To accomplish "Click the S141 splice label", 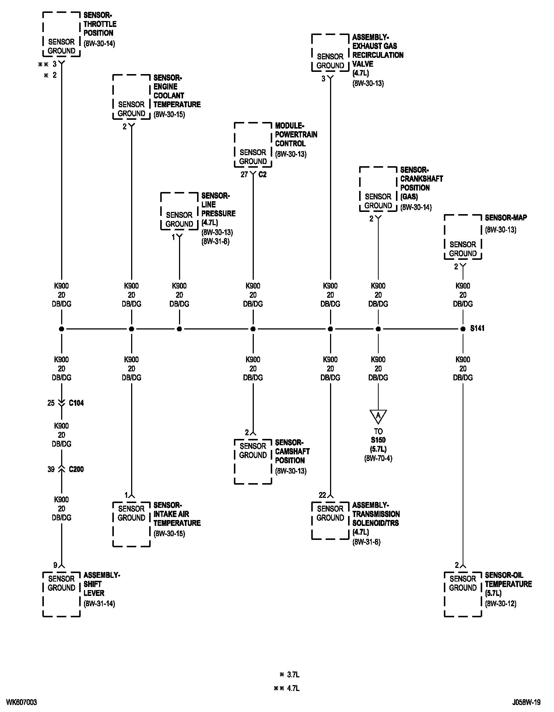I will coord(477,328).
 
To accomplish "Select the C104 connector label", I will coord(76,403).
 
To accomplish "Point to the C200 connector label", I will coord(76,470).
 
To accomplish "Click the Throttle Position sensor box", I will coord(62,34).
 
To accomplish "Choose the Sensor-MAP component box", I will coord(463,237).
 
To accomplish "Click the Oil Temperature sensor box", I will coord(463,594).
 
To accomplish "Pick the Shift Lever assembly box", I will coord(62,594).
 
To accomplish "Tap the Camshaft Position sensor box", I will coord(253,461).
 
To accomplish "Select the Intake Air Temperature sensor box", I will coord(132,524).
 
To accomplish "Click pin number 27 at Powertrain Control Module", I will coord(244,175).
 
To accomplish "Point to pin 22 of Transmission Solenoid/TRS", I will coord(322,495).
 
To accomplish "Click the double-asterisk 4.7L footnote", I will coord(287,688).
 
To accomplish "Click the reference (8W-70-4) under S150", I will coord(378,458).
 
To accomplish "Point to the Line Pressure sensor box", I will coord(179,211).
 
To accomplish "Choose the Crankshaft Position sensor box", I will coord(378,189).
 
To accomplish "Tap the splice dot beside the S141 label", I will coord(463,329).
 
